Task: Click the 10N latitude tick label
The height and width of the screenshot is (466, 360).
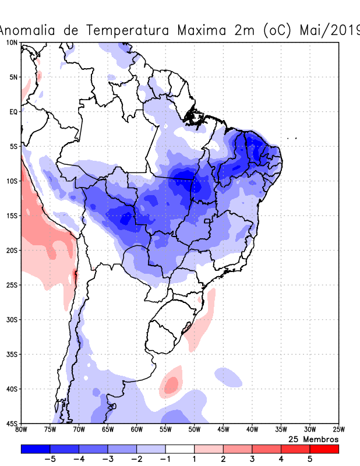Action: pos(12,43)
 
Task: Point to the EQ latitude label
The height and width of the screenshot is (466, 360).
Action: pos(13,111)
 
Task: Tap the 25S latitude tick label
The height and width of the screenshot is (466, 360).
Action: pos(12,285)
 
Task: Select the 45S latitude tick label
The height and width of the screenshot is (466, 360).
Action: pos(12,423)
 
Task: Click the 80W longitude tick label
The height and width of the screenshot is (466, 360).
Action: pos(21,429)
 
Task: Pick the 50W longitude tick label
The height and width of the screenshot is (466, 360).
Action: pos(194,429)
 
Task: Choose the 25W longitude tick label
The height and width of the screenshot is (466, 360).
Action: pos(338,429)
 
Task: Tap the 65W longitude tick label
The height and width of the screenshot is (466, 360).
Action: pos(108,429)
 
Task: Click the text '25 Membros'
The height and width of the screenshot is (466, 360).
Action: pos(313,439)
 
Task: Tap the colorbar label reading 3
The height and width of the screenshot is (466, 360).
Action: pos(252,459)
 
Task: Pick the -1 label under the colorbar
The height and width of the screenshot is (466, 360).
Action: pos(165,459)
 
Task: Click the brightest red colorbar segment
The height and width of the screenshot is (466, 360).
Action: pos(324,449)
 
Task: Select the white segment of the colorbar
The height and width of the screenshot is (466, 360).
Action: pos(179,449)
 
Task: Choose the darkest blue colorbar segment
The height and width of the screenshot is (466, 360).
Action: pos(35,449)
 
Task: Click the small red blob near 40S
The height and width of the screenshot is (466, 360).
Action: pos(171,384)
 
